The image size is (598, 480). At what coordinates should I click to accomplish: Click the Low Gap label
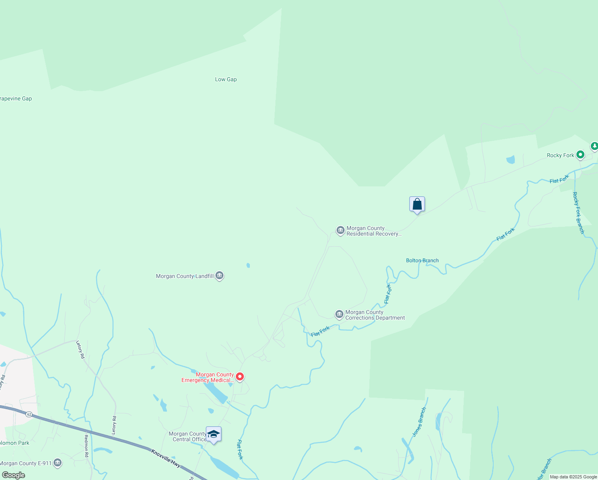point(226,79)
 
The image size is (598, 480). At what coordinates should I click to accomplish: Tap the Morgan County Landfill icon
point(219,276)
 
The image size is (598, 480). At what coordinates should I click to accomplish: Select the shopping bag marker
point(417,204)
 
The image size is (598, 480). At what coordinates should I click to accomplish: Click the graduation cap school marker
point(213,434)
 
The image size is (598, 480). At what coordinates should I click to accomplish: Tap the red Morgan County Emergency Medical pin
point(240,377)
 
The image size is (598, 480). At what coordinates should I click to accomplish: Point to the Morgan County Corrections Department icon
point(339,315)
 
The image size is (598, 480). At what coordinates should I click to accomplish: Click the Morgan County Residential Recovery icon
point(340,230)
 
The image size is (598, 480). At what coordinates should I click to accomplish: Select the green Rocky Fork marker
point(580,155)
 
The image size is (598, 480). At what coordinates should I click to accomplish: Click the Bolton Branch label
point(422,260)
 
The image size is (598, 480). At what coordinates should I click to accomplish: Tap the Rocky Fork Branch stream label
point(578,213)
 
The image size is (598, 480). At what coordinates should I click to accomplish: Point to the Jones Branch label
point(419,422)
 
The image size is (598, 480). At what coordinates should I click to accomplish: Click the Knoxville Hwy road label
point(166,458)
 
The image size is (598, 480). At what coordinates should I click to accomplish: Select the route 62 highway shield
point(29,414)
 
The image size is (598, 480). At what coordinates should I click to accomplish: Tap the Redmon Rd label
point(86,446)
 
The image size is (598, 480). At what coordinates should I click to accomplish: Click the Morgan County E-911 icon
point(58,463)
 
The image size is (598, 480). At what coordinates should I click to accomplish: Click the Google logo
point(13,475)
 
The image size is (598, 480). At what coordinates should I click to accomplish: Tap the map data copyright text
point(573,477)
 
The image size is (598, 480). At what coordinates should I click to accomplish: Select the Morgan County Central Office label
point(187,436)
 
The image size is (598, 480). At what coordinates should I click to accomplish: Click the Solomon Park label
point(14,443)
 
